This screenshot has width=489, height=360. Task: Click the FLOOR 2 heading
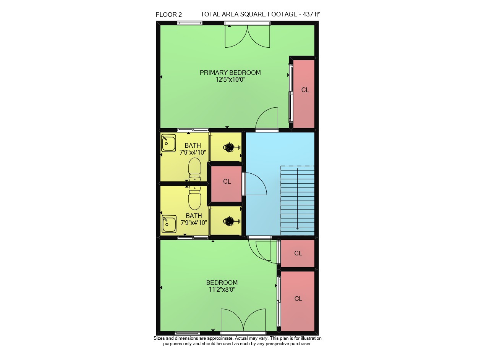pos(168,15)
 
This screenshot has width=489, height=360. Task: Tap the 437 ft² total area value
pos(311,14)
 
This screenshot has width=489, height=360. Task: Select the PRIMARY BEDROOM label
pos(230,73)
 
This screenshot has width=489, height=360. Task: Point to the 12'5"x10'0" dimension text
pos(230,79)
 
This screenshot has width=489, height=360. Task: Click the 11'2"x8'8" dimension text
pos(222,289)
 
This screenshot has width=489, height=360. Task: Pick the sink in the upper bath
pos(168,143)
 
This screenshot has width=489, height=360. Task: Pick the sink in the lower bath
pos(169,224)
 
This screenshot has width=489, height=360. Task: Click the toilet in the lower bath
pos(194,198)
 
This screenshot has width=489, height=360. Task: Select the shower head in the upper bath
pos(232,147)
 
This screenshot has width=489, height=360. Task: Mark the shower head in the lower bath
pos(232,221)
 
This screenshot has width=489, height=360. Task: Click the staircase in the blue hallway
pos(297,201)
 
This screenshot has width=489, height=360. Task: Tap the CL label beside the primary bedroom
pos(305,90)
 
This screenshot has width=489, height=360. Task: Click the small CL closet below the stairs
pos(298,253)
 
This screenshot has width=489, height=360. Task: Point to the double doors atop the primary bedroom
pos(247,36)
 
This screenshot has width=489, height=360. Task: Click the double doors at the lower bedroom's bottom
pos(243,320)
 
